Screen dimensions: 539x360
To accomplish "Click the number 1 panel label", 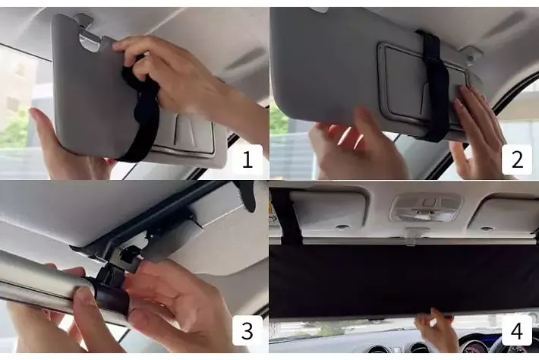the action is (x=247, y=159).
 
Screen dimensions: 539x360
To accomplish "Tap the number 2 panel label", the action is (x=517, y=159).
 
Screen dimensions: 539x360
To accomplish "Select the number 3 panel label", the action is (x=247, y=330).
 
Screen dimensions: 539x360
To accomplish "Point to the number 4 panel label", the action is (x=517, y=330).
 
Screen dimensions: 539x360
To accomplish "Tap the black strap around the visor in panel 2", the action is (x=435, y=86).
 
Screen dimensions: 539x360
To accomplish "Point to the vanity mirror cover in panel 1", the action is (x=188, y=134).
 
